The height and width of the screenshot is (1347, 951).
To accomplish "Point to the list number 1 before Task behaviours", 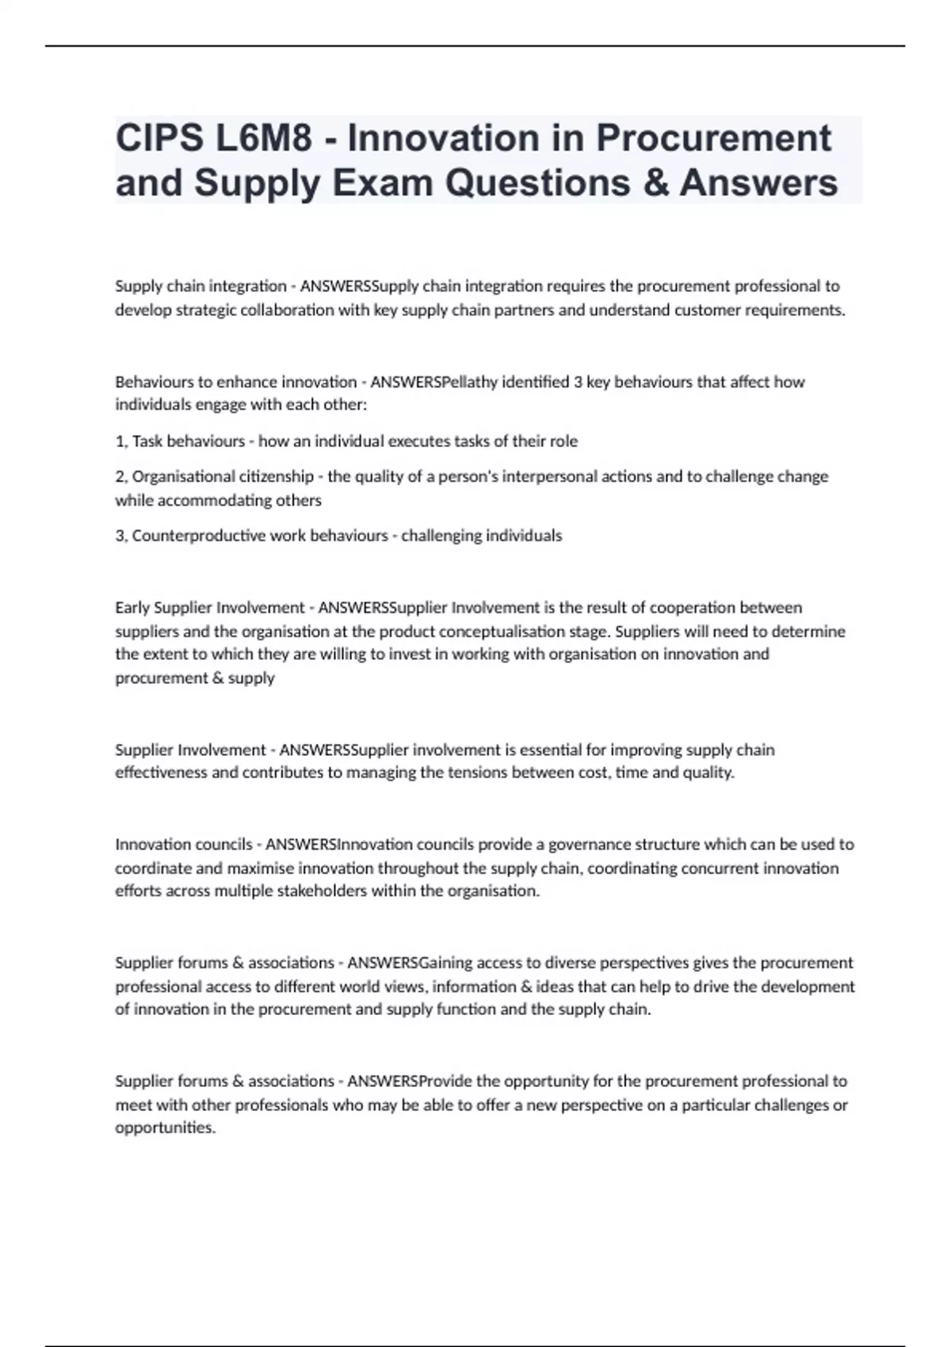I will point(120,441).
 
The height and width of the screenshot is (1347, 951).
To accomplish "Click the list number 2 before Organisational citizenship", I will point(120,477).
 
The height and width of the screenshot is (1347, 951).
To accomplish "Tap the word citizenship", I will point(275,477).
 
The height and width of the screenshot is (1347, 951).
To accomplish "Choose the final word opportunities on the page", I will point(165,1128).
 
